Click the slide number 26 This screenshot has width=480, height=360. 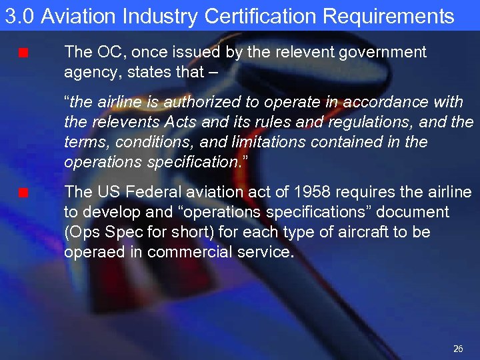pos(458,349)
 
